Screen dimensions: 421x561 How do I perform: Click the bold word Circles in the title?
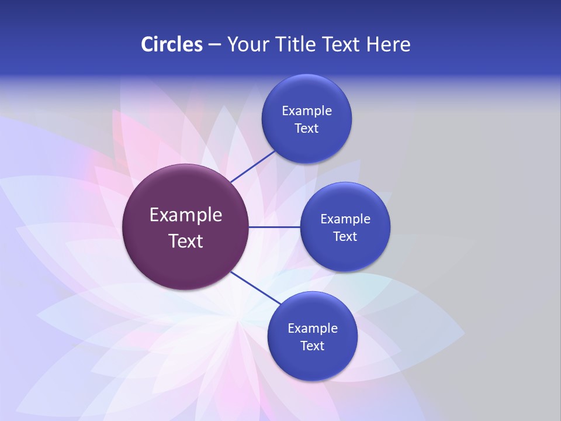(x=171, y=44)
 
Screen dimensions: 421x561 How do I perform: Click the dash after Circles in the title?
(x=214, y=45)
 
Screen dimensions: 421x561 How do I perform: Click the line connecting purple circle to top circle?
(x=253, y=166)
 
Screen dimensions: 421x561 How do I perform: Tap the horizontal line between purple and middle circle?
(x=274, y=227)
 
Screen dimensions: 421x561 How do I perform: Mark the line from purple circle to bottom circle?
(x=255, y=288)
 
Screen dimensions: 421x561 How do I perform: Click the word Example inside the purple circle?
(x=186, y=215)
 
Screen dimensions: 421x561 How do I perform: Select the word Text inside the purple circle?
(x=186, y=241)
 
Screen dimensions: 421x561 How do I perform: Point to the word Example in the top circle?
(x=307, y=111)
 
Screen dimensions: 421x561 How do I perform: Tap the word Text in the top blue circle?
(x=307, y=129)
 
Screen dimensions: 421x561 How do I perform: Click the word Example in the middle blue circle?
(x=345, y=219)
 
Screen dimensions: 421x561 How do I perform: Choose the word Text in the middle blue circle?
(x=345, y=237)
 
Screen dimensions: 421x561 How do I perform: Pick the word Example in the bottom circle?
(x=313, y=329)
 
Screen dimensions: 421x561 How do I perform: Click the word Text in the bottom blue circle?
(x=313, y=346)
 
